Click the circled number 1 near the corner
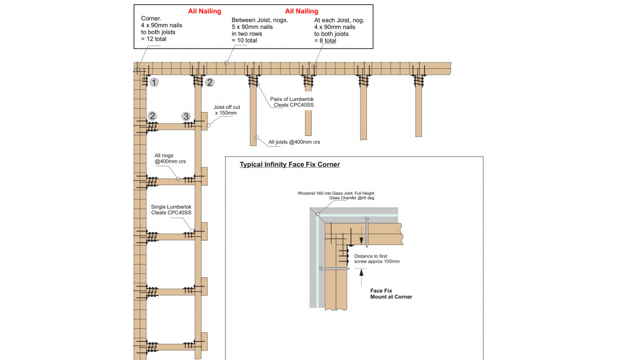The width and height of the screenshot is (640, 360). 154,83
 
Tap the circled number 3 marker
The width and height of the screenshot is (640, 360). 186,116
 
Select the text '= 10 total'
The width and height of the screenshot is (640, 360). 244,41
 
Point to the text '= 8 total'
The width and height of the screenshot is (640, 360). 325,41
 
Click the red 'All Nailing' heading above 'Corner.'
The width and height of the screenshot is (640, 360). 204,11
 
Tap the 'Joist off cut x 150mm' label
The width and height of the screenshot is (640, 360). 227,110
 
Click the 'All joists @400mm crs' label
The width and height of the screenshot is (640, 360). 294,142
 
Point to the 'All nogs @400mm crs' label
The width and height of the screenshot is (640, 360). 167,158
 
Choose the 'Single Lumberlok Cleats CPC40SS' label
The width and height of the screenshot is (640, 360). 171,210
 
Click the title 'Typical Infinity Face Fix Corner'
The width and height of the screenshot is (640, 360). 290,164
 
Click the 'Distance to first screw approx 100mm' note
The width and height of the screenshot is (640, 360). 377,259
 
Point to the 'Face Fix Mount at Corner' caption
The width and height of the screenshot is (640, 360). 391,294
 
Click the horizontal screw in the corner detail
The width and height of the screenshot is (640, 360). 334,269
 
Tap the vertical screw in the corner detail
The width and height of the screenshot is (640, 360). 366,233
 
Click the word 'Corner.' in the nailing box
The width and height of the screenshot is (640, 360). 151,18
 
